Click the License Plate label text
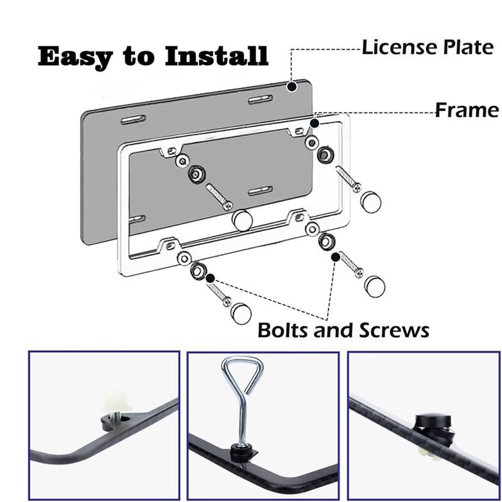(x=427, y=48)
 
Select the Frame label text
(x=467, y=111)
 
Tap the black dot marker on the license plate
(x=292, y=85)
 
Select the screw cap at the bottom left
(x=241, y=312)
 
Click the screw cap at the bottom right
(x=374, y=286)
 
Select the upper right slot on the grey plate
(x=259, y=100)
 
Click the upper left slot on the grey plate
(x=134, y=119)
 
